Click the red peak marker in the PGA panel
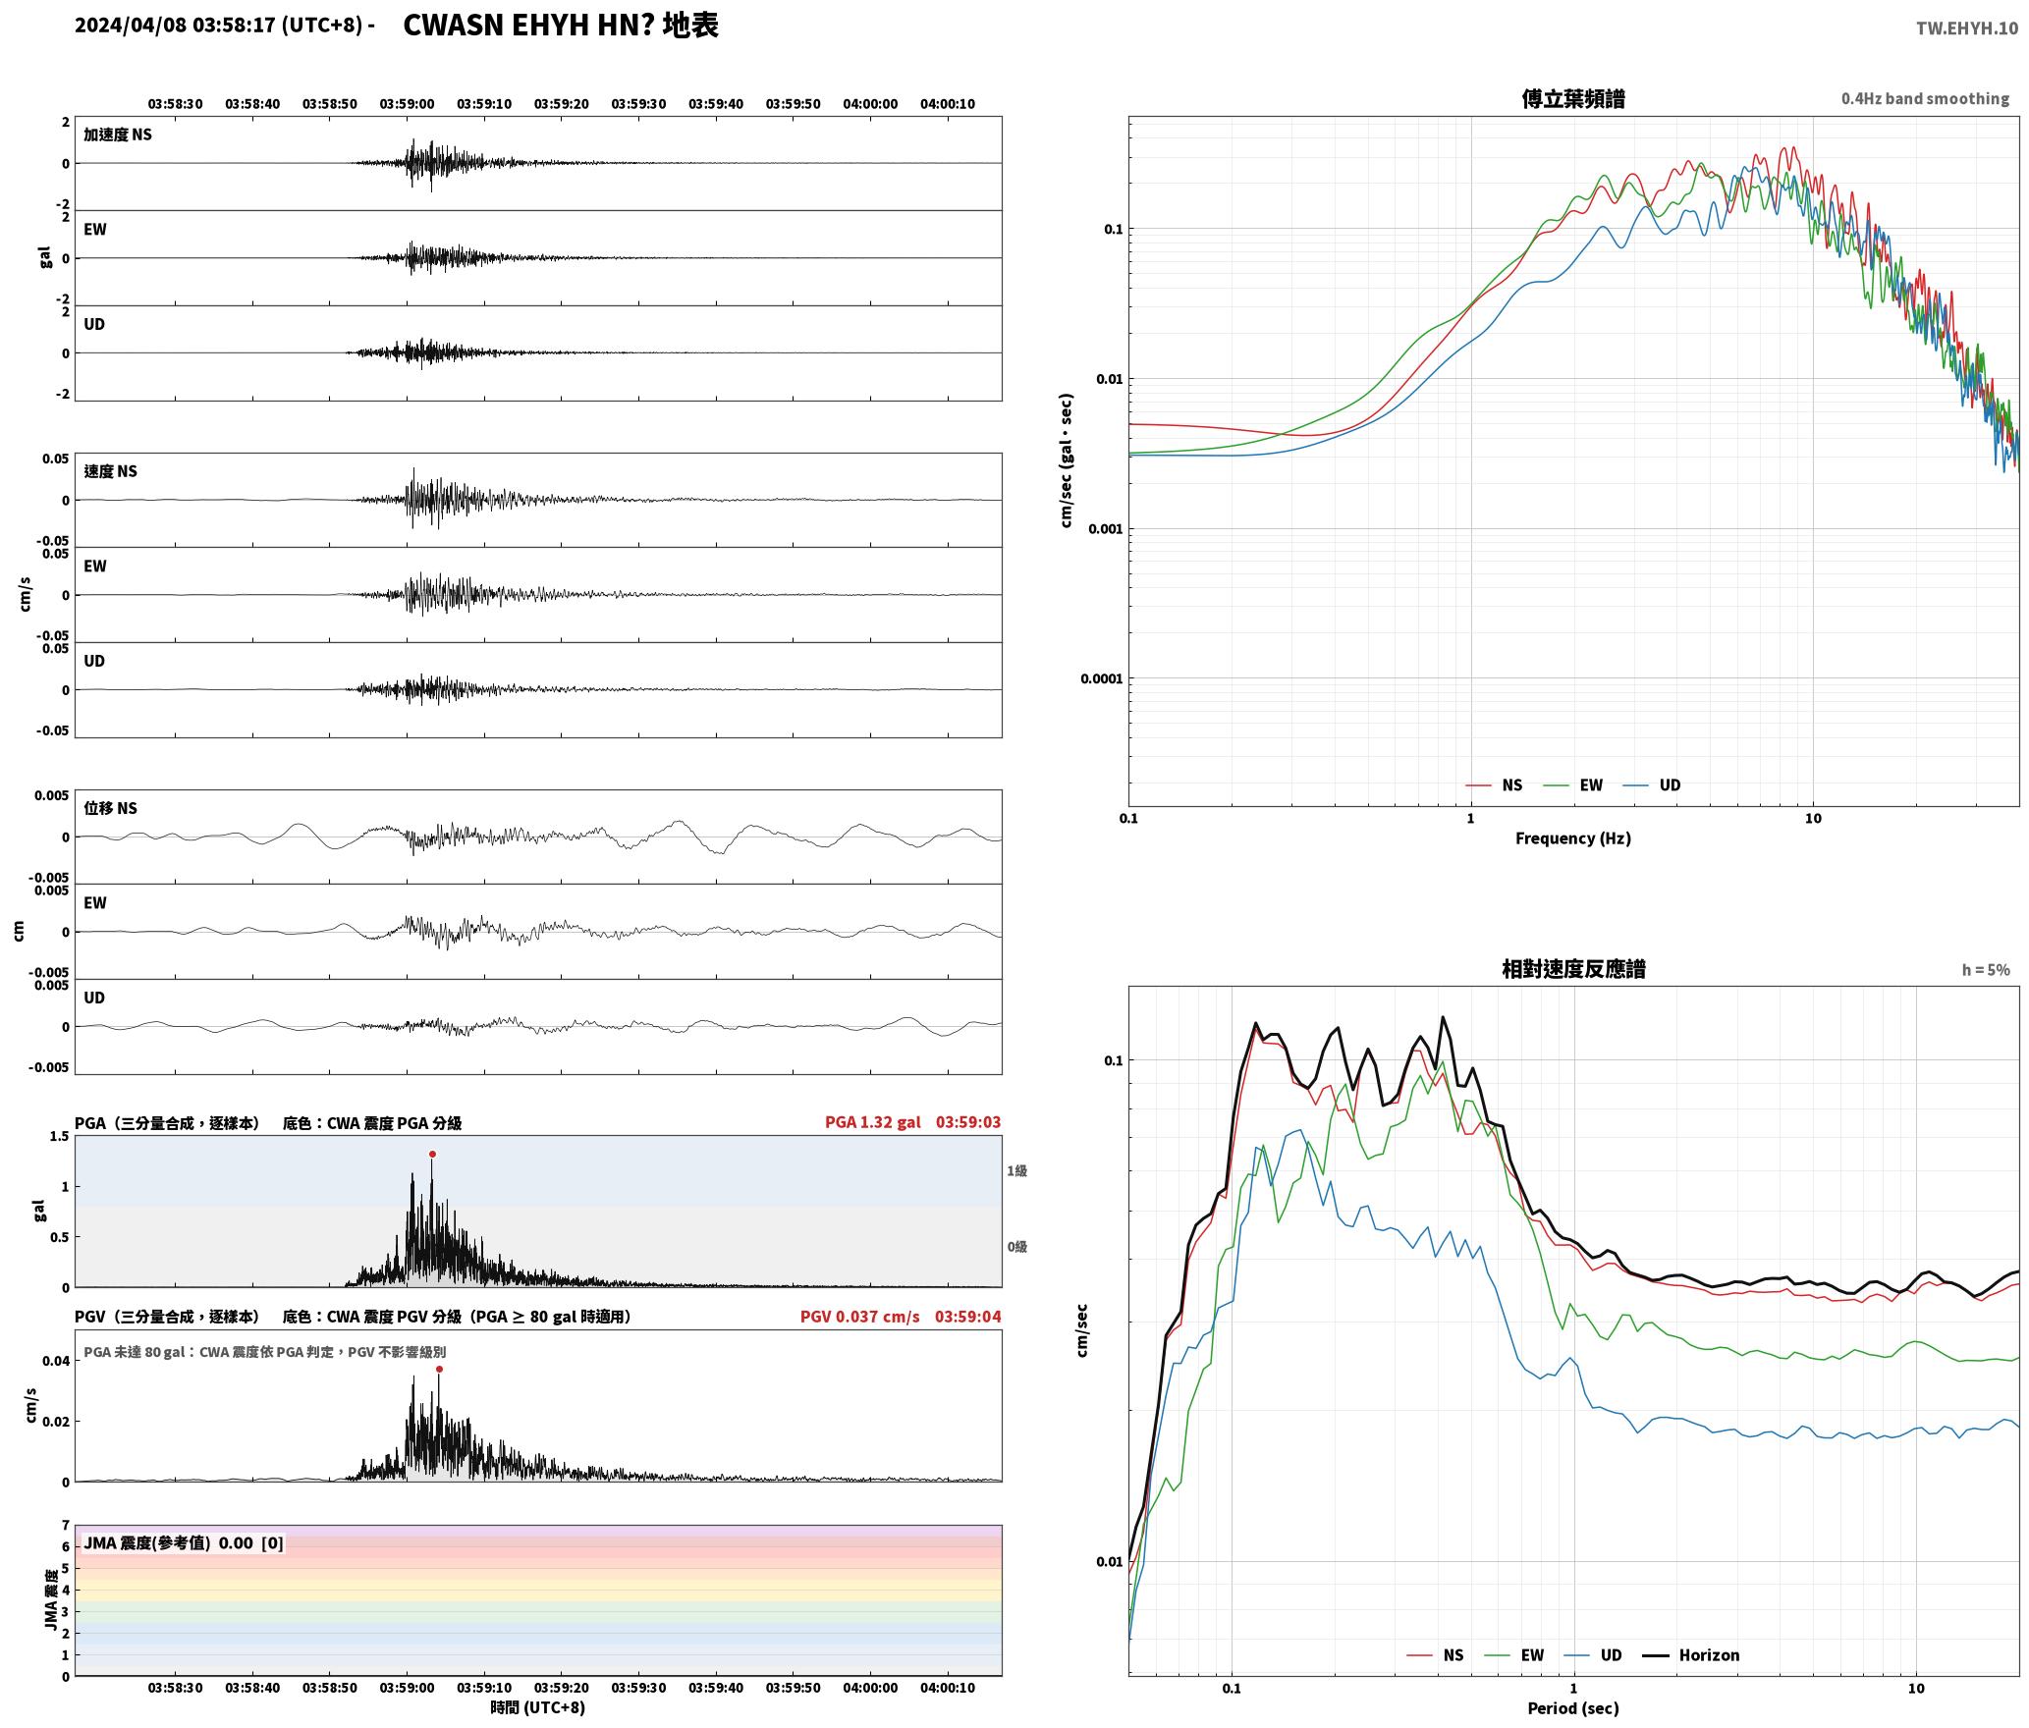click(x=432, y=1155)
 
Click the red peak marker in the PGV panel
click(x=439, y=1369)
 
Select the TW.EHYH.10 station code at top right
click(x=1967, y=28)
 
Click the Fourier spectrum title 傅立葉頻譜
click(x=1573, y=99)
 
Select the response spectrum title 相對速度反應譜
click(x=1573, y=969)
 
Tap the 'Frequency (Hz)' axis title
click(x=1573, y=838)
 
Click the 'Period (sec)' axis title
click(x=1573, y=1708)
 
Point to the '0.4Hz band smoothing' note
click(x=1925, y=99)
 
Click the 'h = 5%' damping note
click(x=1986, y=970)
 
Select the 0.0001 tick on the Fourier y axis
click(x=1101, y=678)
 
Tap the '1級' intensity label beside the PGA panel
click(x=1016, y=1171)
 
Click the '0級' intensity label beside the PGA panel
click(x=1016, y=1247)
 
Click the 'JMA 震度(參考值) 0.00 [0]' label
click(x=184, y=1543)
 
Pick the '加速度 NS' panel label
click(x=118, y=135)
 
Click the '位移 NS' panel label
click(x=110, y=808)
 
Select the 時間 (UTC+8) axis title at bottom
click(x=538, y=1707)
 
